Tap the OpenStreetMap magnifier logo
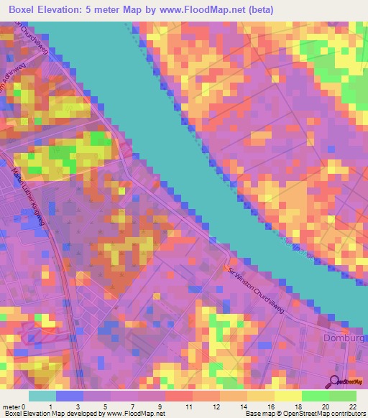click(x=336, y=383)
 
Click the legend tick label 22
click(x=352, y=407)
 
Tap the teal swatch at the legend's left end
click(x=42, y=396)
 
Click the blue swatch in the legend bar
click(x=69, y=396)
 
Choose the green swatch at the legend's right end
click(x=342, y=396)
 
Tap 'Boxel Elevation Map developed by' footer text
click(x=52, y=414)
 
